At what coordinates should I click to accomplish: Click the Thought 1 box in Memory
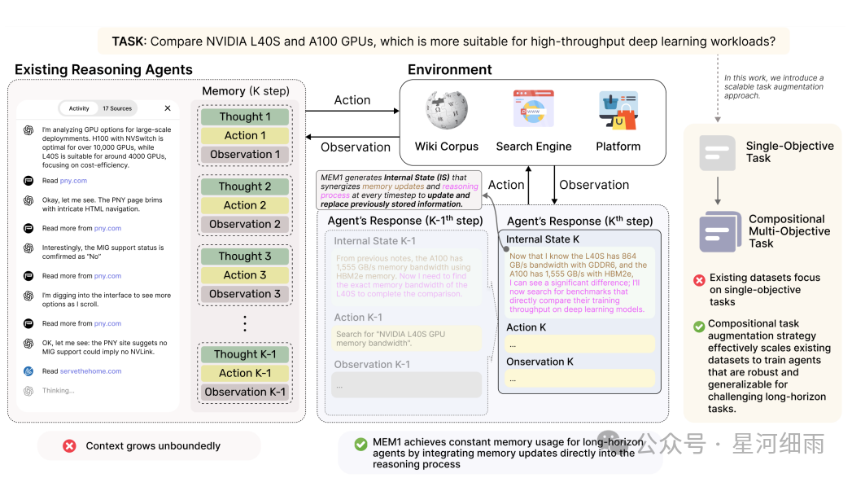click(245, 116)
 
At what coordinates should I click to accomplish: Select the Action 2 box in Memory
click(245, 205)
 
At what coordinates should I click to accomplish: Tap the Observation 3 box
click(245, 294)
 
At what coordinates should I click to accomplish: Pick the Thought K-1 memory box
click(245, 354)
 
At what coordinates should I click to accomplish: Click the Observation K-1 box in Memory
click(245, 392)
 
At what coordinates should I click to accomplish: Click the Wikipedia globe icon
click(446, 112)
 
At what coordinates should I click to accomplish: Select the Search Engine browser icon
click(533, 110)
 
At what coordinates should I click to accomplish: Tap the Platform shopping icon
click(618, 111)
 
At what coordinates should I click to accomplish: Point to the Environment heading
click(449, 69)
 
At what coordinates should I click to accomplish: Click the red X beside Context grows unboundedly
click(70, 445)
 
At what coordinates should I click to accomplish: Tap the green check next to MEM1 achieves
click(360, 444)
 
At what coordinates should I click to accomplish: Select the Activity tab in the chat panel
click(79, 108)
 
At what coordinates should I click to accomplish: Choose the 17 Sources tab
click(116, 108)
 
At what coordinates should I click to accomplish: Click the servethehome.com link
click(90, 371)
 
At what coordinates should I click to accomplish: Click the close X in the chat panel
click(168, 107)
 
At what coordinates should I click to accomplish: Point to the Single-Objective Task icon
click(717, 153)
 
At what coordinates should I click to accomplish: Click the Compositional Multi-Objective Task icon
click(720, 231)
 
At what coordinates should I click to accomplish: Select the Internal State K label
click(543, 239)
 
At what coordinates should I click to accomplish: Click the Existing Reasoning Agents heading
click(103, 70)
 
